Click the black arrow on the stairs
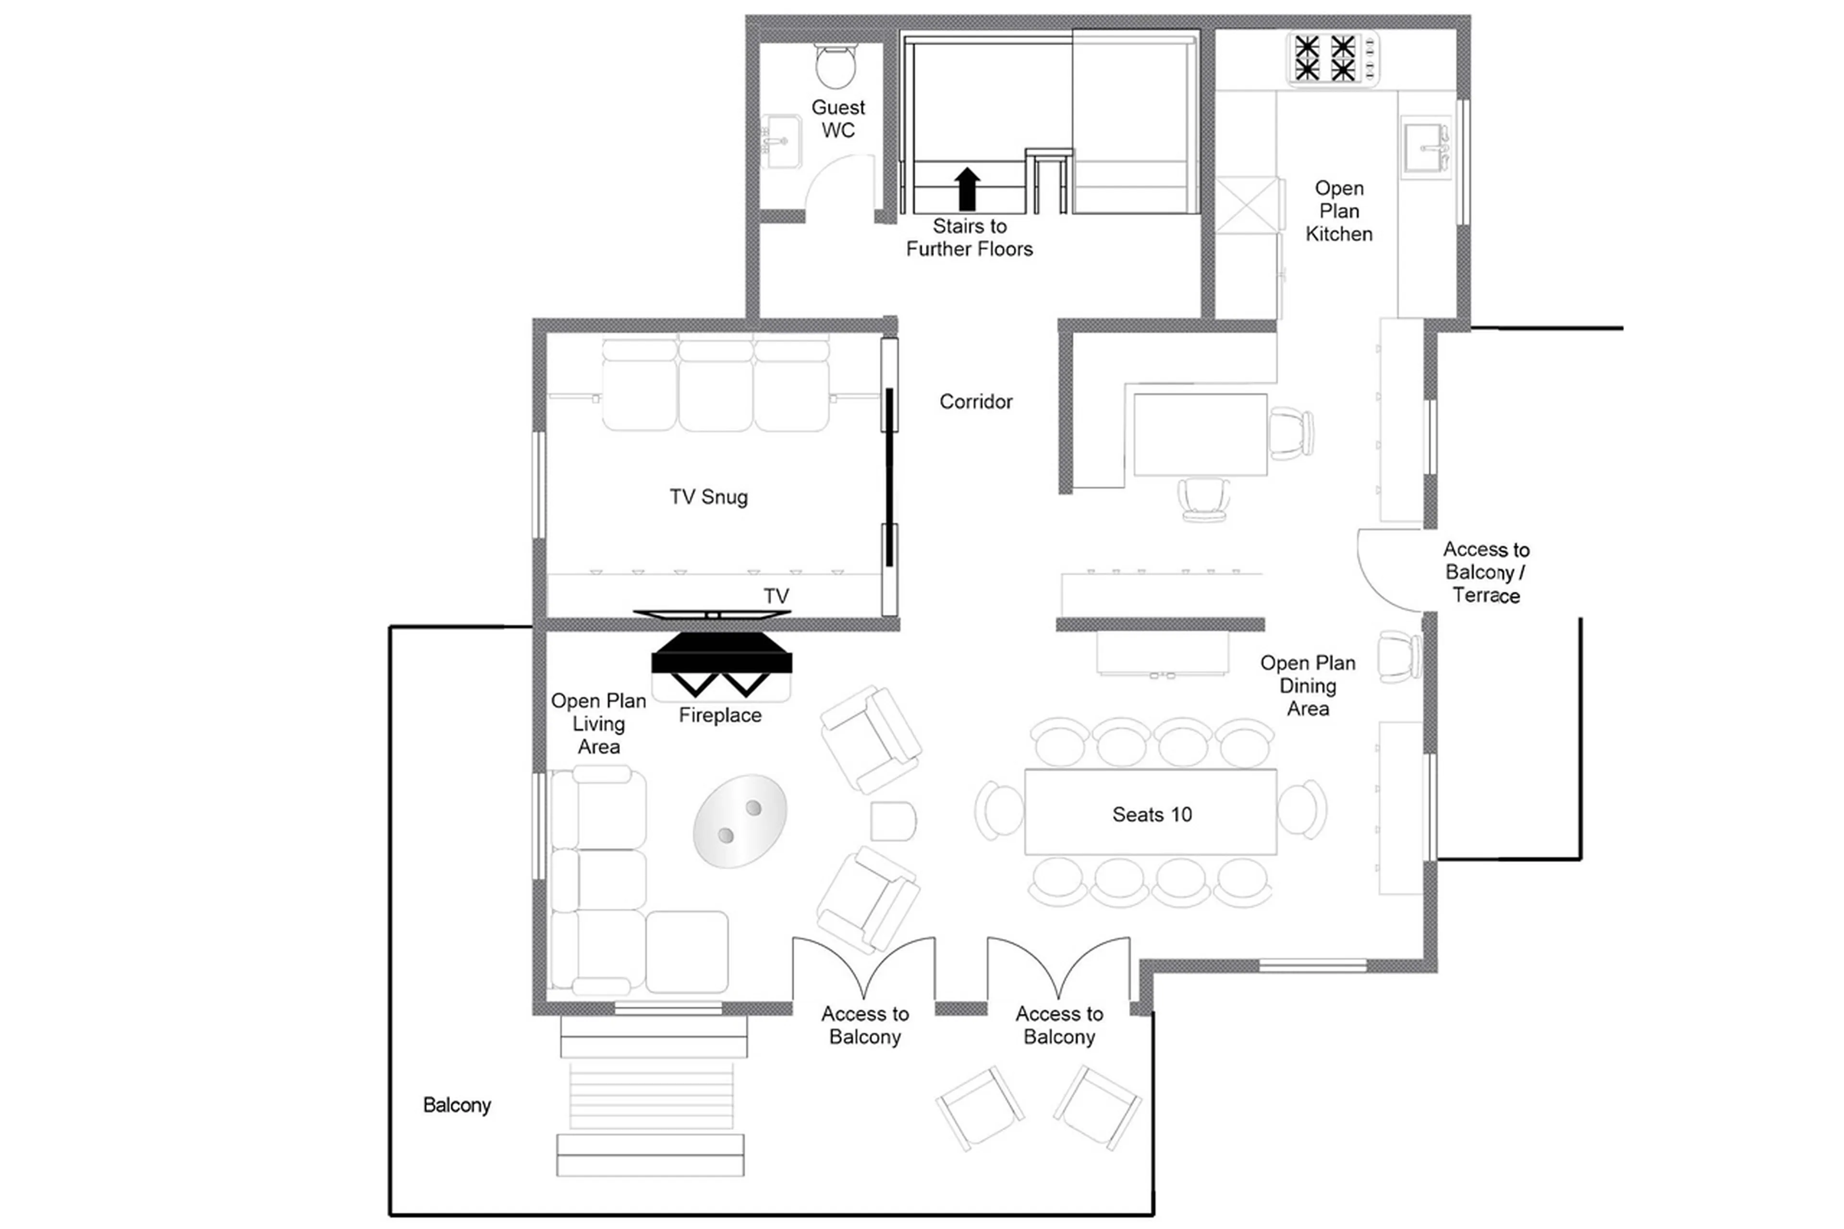967,189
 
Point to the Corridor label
976,402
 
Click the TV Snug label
708,497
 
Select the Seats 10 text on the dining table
1151,815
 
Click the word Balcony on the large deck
457,1105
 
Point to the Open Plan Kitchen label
1338,211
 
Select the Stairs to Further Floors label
970,238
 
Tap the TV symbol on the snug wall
712,614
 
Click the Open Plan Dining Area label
1307,686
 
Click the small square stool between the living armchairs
893,821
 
